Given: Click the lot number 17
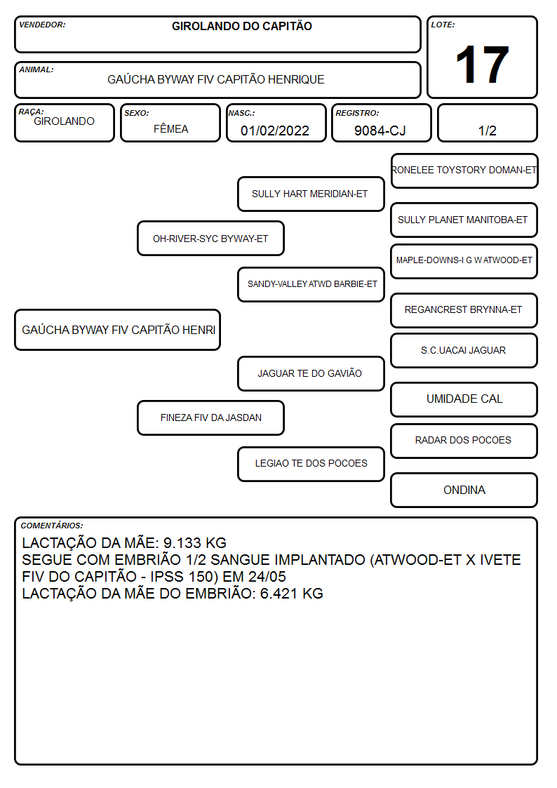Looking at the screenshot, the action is click(x=482, y=65).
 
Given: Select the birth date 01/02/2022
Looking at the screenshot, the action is click(x=275, y=131).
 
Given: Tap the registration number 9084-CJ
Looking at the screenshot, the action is click(x=380, y=131).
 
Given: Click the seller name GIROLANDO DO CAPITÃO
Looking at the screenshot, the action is click(x=241, y=26).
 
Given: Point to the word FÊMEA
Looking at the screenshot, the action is click(x=170, y=128).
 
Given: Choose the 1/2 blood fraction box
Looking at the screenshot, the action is click(x=487, y=123).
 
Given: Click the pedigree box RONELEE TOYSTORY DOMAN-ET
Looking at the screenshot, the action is click(x=464, y=171).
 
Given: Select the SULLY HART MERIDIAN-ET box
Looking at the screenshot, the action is click(x=311, y=194).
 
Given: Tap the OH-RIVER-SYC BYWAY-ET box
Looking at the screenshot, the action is click(x=210, y=238).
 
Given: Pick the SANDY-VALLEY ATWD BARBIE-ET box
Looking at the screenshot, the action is click(x=311, y=284).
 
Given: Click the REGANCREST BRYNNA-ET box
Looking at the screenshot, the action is click(x=464, y=310).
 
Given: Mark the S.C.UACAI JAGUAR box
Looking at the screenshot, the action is click(x=464, y=350).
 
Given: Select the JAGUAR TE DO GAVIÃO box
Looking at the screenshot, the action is click(x=311, y=373).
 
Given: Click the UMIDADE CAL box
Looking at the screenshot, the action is click(x=464, y=399).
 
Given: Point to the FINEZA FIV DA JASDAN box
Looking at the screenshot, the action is click(x=210, y=418).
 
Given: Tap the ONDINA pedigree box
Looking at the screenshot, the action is click(x=464, y=490).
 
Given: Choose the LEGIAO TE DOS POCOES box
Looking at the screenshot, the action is click(x=311, y=464).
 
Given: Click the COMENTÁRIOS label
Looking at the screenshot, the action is click(x=52, y=526).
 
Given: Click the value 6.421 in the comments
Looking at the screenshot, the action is click(x=279, y=594).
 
